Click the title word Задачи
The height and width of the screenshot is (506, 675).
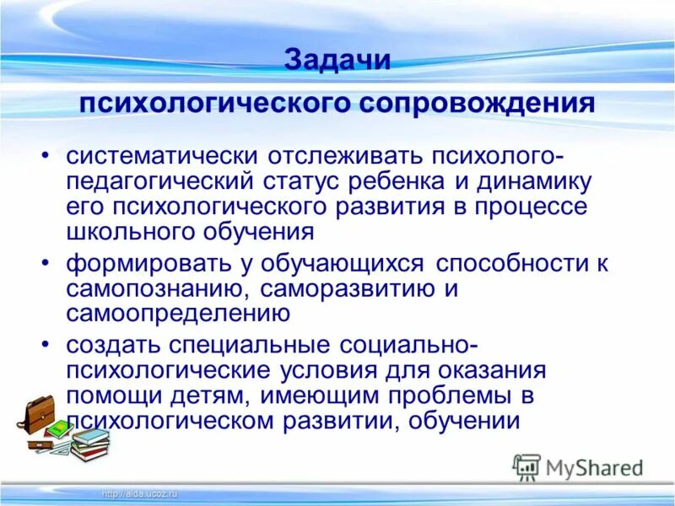point(337,62)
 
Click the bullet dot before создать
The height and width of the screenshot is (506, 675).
point(46,347)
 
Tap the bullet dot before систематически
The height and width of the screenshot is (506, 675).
point(46,159)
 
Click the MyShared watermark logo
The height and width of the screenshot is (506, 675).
point(579,466)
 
